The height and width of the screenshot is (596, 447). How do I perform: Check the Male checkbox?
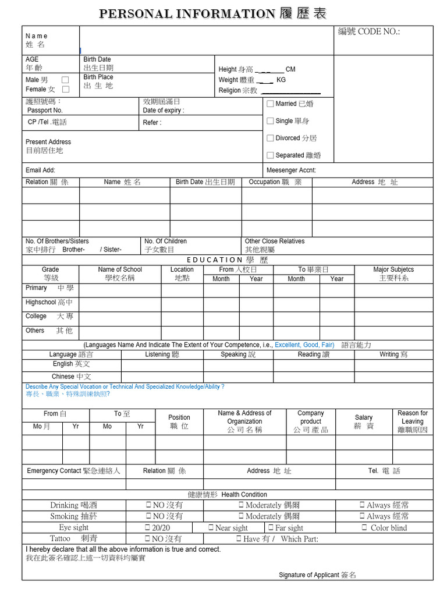tap(65, 80)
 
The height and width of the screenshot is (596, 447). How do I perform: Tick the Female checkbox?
tap(65, 89)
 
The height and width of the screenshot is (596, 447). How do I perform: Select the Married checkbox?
tap(270, 104)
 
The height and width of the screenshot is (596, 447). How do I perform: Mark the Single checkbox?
tap(270, 121)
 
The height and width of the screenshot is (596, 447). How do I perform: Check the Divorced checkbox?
tap(270, 138)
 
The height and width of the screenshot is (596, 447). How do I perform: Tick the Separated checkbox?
tap(270, 155)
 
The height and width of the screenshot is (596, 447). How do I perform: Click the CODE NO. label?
tap(369, 32)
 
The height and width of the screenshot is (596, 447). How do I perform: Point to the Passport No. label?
tap(45, 110)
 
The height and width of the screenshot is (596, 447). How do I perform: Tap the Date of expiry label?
tap(163, 110)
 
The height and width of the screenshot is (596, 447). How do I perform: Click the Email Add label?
tap(40, 171)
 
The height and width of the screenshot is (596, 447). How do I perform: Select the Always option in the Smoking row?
tap(384, 516)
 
